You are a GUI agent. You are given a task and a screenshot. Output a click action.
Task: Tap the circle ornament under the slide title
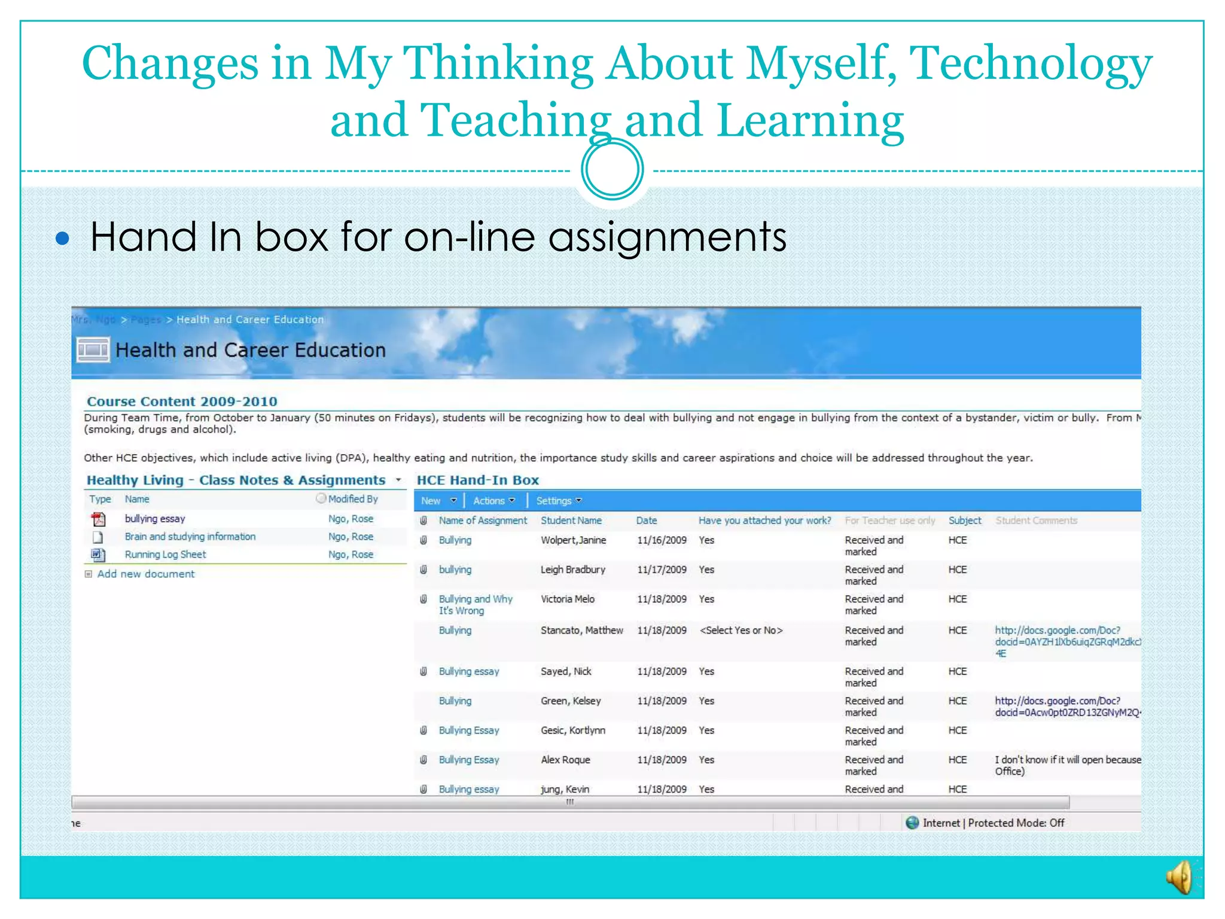pyautogui.click(x=612, y=169)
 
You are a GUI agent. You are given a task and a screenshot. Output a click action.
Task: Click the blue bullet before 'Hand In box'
pyautogui.click(x=62, y=239)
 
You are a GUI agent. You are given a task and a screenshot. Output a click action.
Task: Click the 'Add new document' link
pyautogui.click(x=145, y=574)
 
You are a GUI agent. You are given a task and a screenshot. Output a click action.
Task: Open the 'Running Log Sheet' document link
pyautogui.click(x=165, y=555)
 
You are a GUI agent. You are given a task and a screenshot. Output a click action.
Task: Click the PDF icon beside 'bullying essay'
pyautogui.click(x=98, y=519)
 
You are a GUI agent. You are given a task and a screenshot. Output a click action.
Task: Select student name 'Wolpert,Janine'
pyautogui.click(x=573, y=540)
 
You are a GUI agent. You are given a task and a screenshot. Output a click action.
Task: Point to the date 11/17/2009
pyautogui.click(x=662, y=570)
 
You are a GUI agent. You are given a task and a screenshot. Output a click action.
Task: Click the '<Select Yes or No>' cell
pyautogui.click(x=741, y=631)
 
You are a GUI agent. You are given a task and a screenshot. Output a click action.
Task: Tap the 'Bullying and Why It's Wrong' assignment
pyautogui.click(x=475, y=605)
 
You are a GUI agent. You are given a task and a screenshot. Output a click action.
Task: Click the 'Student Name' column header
pyautogui.click(x=571, y=521)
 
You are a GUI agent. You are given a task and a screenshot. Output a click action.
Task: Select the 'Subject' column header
pyautogui.click(x=964, y=521)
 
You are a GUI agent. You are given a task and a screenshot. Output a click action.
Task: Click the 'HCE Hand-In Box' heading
pyautogui.click(x=477, y=480)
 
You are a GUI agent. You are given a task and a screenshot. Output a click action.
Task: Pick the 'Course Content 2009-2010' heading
pyautogui.click(x=182, y=401)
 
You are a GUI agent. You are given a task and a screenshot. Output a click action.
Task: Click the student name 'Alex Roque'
pyautogui.click(x=565, y=760)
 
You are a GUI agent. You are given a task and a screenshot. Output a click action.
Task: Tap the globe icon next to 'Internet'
pyautogui.click(x=912, y=823)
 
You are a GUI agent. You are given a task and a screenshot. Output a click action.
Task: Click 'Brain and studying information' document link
pyautogui.click(x=190, y=537)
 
